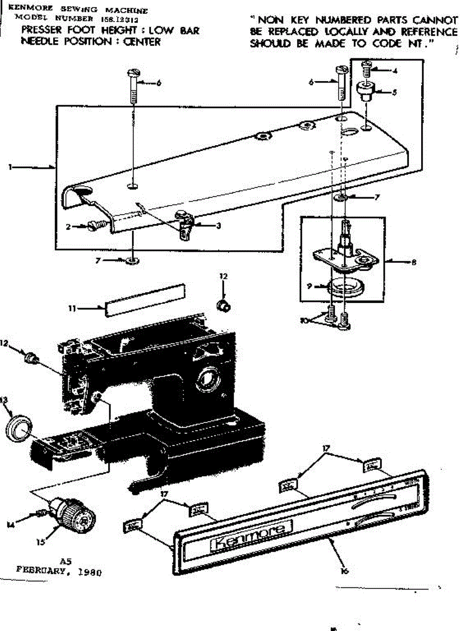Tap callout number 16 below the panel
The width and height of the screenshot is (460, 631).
(344, 570)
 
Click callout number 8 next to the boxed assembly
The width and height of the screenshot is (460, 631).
(415, 261)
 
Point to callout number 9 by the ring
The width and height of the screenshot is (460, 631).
(310, 287)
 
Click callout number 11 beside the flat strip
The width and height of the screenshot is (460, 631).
(71, 309)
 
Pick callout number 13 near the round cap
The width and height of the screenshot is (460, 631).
(5, 400)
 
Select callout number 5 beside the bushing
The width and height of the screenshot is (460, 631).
(394, 92)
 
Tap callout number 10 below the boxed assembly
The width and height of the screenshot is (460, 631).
(304, 319)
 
